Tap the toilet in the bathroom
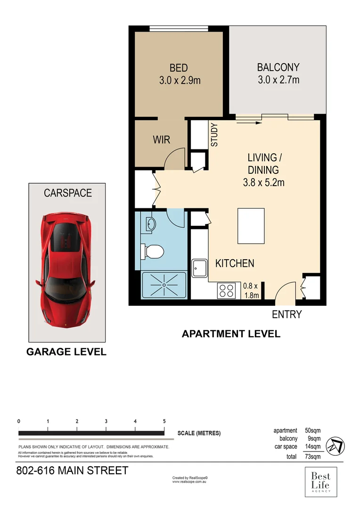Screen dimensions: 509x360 152,251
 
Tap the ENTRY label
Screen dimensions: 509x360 286,314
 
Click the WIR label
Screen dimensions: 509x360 161,140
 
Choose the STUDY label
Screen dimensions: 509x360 214,135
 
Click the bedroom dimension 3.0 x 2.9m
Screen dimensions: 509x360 180,81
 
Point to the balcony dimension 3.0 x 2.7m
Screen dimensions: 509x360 278,80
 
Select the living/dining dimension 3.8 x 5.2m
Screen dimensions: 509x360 263,182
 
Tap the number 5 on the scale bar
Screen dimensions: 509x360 164,421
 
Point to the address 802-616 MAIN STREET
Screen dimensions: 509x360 72,471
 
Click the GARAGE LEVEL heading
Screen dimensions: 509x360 66,352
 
